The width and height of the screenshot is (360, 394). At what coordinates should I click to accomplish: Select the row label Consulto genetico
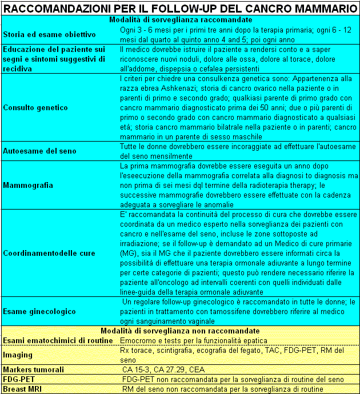[x=35, y=107]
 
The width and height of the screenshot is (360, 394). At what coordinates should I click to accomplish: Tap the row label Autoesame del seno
[x=40, y=151]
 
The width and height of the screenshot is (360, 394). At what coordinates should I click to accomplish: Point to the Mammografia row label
[x=28, y=185]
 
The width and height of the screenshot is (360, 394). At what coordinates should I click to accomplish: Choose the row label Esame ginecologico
[x=39, y=311]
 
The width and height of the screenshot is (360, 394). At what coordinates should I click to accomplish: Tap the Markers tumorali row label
[x=33, y=369]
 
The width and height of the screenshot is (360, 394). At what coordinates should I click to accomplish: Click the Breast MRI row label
[x=23, y=389]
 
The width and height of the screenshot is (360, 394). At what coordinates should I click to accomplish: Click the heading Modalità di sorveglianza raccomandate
[x=180, y=19]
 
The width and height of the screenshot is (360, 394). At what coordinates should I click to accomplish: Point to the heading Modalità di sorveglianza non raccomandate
[x=180, y=331]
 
